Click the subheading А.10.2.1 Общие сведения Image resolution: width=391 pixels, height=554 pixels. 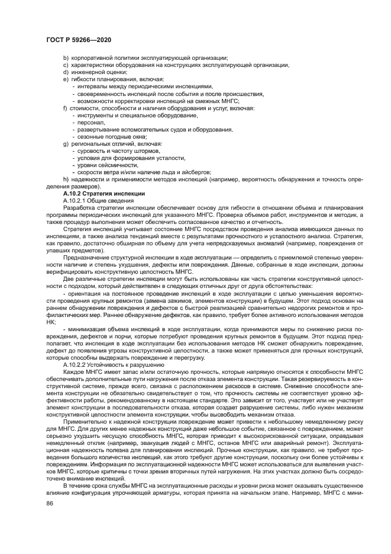click(x=97, y=201)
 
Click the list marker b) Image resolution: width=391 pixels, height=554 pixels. click(x=66, y=57)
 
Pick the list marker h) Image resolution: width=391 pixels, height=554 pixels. click(x=66, y=180)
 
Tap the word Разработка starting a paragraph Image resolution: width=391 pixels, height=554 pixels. click(x=78, y=208)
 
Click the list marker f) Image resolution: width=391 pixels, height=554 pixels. click(x=65, y=108)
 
